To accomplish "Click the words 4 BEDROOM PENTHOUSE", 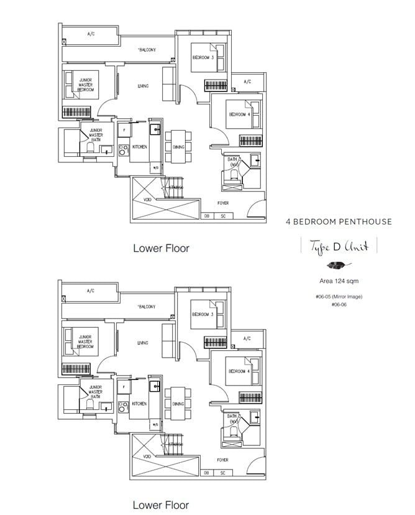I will point(339,221).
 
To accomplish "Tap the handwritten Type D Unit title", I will point(339,246).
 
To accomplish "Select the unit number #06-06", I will point(339,304).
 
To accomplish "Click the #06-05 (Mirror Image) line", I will point(339,297).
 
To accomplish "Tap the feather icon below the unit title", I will point(339,264).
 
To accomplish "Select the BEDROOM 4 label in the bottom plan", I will point(239,371).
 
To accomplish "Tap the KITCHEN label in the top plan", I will point(139,147).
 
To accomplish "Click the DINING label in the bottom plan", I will point(178,404).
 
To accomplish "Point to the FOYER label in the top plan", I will point(222,203).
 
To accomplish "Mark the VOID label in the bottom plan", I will point(147,457).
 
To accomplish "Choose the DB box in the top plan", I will point(206,216).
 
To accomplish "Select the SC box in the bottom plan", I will point(222,473).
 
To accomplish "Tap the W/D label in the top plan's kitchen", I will point(154,167).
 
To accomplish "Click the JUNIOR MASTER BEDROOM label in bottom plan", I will point(85,342).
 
